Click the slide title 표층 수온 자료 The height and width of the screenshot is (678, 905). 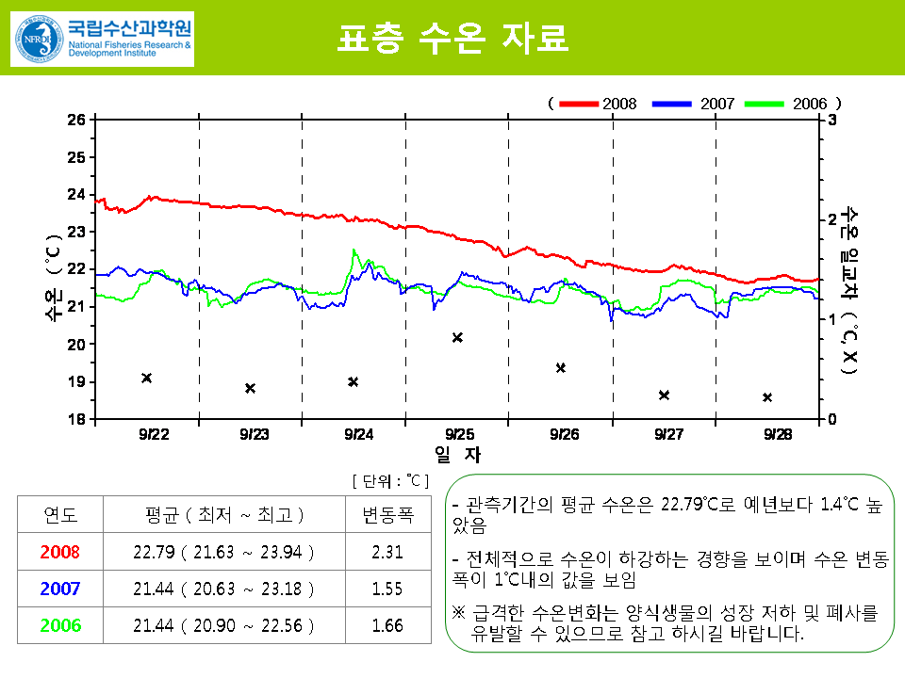tap(452, 39)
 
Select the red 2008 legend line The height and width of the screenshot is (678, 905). tap(579, 104)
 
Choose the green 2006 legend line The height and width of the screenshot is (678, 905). tap(765, 104)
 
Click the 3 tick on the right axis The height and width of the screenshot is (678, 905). tap(830, 120)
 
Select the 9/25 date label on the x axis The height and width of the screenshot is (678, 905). tap(459, 434)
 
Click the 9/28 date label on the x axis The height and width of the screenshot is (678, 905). tap(777, 434)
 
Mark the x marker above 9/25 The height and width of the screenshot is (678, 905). tap(457, 337)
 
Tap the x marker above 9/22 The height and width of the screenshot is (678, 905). tap(146, 378)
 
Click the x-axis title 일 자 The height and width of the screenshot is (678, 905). tap(457, 455)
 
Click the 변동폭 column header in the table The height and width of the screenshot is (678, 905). tap(387, 515)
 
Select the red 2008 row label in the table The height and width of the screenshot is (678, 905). tap(60, 552)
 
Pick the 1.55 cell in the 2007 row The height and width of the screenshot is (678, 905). tap(387, 589)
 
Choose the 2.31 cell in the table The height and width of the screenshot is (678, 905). tap(387, 552)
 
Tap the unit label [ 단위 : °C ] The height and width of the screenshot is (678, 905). tap(390, 480)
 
